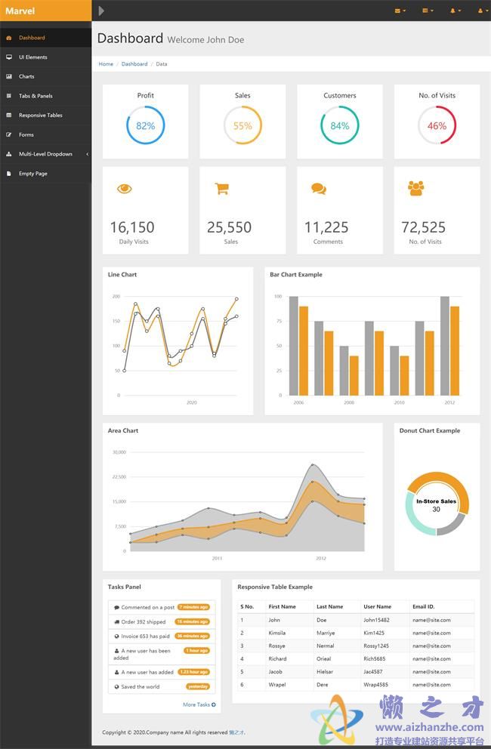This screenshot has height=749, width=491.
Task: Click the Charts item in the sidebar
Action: pyautogui.click(x=26, y=76)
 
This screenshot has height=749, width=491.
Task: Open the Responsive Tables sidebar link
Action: pyautogui.click(x=40, y=116)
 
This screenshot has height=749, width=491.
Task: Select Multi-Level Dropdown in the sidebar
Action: pyautogui.click(x=45, y=154)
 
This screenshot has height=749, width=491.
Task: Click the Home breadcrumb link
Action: pyautogui.click(x=106, y=64)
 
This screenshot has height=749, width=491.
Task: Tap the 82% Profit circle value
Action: pyautogui.click(x=146, y=126)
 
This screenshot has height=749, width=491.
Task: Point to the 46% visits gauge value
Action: pyautogui.click(x=437, y=126)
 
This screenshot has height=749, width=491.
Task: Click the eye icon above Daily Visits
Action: pyautogui.click(x=125, y=189)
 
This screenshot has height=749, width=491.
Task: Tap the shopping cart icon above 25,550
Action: pyautogui.click(x=222, y=189)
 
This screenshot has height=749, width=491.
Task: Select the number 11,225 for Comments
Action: pyautogui.click(x=326, y=227)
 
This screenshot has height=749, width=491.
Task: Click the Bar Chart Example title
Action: pyautogui.click(x=296, y=275)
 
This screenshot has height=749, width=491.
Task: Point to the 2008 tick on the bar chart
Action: pyautogui.click(x=349, y=403)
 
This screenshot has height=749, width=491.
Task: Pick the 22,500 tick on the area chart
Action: pyautogui.click(x=119, y=476)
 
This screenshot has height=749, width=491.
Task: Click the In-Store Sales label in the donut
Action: pyautogui.click(x=436, y=501)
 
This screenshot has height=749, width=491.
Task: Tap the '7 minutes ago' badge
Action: pyautogui.click(x=194, y=607)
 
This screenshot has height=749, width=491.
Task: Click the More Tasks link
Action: pyautogui.click(x=199, y=704)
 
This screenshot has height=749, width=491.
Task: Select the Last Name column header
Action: pyautogui.click(x=329, y=606)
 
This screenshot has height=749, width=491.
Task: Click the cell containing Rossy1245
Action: pyautogui.click(x=376, y=646)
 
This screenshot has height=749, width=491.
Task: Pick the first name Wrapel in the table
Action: pyautogui.click(x=276, y=685)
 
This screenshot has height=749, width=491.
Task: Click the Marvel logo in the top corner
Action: pyautogui.click(x=20, y=11)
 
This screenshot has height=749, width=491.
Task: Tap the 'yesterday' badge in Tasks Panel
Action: pyautogui.click(x=198, y=686)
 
